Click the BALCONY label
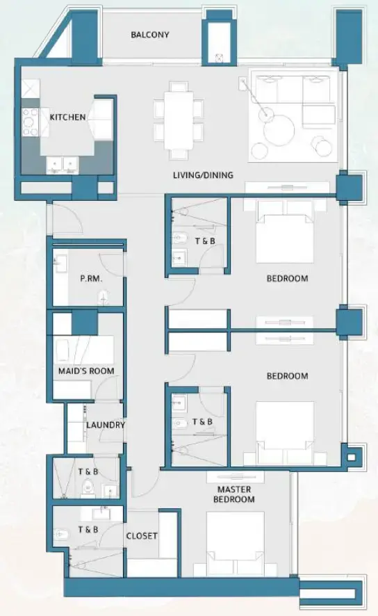[150, 35]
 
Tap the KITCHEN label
[68, 117]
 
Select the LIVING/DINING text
[203, 175]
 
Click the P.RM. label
[92, 279]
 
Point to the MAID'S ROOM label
[86, 371]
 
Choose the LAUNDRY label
[106, 425]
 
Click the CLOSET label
[141, 536]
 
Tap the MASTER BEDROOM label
[233, 494]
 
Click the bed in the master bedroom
[235, 542]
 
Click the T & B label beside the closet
[88, 529]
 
